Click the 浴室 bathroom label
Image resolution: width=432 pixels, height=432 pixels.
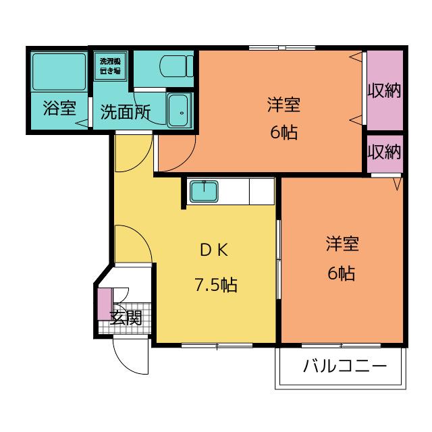click(59, 108)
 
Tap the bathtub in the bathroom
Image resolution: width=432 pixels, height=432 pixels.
click(59, 72)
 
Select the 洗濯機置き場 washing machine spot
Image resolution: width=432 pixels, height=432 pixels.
click(110, 66)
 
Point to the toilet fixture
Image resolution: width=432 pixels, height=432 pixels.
click(176, 66)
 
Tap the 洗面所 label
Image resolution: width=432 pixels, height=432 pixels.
click(126, 112)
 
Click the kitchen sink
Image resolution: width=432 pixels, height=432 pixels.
click(204, 191)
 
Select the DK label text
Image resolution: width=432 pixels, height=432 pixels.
click(214, 250)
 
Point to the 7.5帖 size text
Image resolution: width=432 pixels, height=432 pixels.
click(216, 285)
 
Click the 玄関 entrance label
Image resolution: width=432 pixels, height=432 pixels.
click(126, 318)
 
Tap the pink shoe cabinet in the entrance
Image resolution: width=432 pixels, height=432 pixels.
click(105, 304)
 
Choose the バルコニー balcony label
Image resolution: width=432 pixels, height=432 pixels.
click(345, 367)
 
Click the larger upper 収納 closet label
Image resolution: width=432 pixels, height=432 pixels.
click(384, 90)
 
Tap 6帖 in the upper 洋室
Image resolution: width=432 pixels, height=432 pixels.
click(283, 132)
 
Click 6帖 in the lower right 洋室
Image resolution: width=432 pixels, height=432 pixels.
click(342, 273)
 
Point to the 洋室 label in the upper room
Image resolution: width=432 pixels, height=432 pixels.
click(283, 105)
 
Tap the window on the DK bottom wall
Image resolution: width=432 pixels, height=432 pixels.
click(217, 345)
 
